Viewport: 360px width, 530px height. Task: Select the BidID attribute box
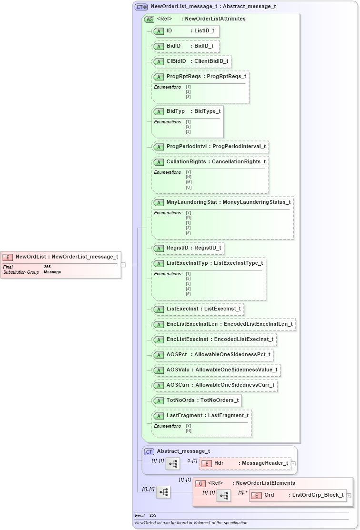tap(185, 46)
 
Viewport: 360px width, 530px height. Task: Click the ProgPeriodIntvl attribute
tap(210, 147)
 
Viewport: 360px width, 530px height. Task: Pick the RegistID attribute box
tap(187, 248)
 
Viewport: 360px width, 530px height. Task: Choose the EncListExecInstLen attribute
tap(223, 324)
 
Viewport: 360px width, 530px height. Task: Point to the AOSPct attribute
tap(212, 355)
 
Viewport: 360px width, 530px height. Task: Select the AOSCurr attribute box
tap(214, 385)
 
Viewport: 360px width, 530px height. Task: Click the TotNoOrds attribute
tap(197, 400)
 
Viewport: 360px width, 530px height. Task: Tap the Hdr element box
tap(245, 463)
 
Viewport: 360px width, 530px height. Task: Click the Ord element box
tap(298, 495)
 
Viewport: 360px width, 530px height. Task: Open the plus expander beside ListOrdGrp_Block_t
tap(349, 496)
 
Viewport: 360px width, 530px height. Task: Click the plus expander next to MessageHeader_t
tap(293, 463)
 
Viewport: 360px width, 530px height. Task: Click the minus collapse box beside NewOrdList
tap(123, 265)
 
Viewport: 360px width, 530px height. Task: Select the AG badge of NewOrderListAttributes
tap(149, 20)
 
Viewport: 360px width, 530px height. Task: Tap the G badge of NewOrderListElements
tap(201, 483)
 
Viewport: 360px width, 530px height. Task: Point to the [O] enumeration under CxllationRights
tap(188, 187)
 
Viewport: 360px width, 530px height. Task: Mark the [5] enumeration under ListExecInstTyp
tap(188, 294)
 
